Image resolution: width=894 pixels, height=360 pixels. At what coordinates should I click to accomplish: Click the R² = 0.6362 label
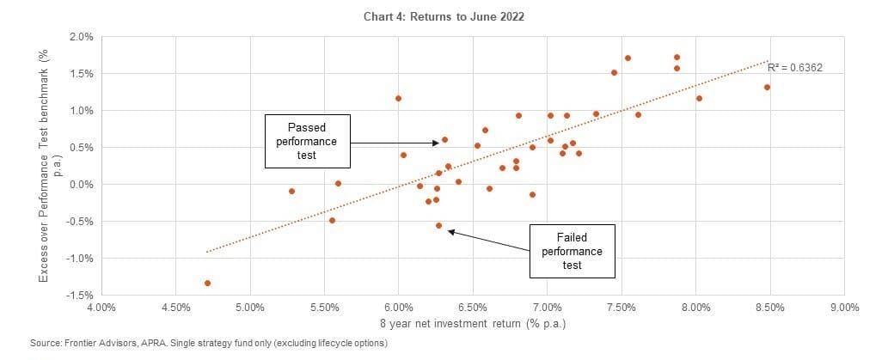795,66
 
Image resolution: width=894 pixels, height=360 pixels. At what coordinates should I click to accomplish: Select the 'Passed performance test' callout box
307,140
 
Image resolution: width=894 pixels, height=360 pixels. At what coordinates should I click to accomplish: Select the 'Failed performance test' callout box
572,251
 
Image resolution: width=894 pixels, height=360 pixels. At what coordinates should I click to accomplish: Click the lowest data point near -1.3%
207,283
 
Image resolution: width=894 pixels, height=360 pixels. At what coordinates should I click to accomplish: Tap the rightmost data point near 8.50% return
767,87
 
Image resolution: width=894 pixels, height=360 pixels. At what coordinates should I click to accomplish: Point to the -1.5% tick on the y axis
80,296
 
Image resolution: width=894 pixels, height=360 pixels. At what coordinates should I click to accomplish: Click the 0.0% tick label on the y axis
82,185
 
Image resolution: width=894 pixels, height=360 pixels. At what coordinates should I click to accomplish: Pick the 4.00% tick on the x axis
101,307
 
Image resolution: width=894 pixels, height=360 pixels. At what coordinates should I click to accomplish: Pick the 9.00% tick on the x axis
844,307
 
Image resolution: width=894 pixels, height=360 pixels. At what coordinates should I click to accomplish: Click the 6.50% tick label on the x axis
473,307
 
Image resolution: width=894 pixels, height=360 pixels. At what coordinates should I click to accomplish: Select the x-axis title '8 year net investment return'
473,324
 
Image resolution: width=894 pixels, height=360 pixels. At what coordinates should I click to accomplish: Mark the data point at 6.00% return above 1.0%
398,98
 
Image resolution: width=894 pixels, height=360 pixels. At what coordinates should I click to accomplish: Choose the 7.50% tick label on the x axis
622,307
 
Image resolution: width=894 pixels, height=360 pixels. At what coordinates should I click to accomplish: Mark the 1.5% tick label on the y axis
82,74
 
